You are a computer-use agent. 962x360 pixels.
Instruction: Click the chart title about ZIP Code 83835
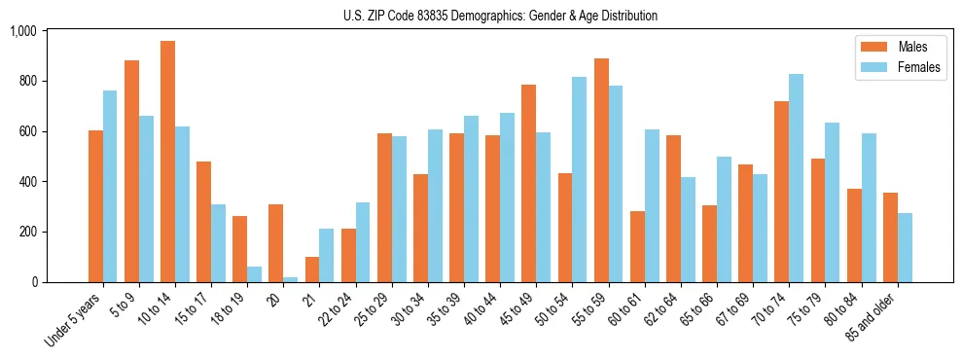(500, 16)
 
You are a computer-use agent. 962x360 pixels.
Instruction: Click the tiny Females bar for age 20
(291, 279)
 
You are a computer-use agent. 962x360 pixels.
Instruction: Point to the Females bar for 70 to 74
(797, 178)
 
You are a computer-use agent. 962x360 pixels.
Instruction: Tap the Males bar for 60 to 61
(637, 246)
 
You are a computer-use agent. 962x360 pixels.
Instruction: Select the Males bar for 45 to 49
(529, 183)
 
